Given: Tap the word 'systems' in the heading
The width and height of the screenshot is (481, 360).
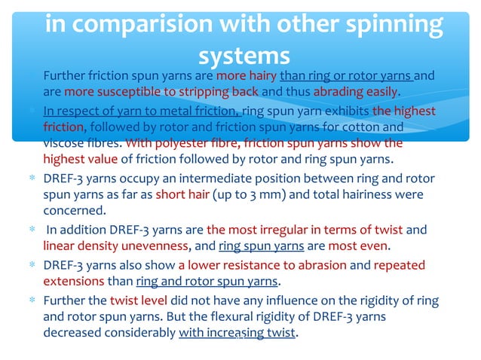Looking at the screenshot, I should pyautogui.click(x=244, y=56).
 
